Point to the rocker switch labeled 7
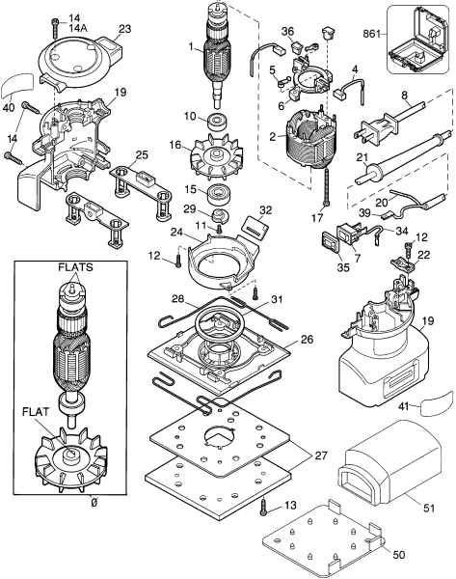(343, 234)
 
